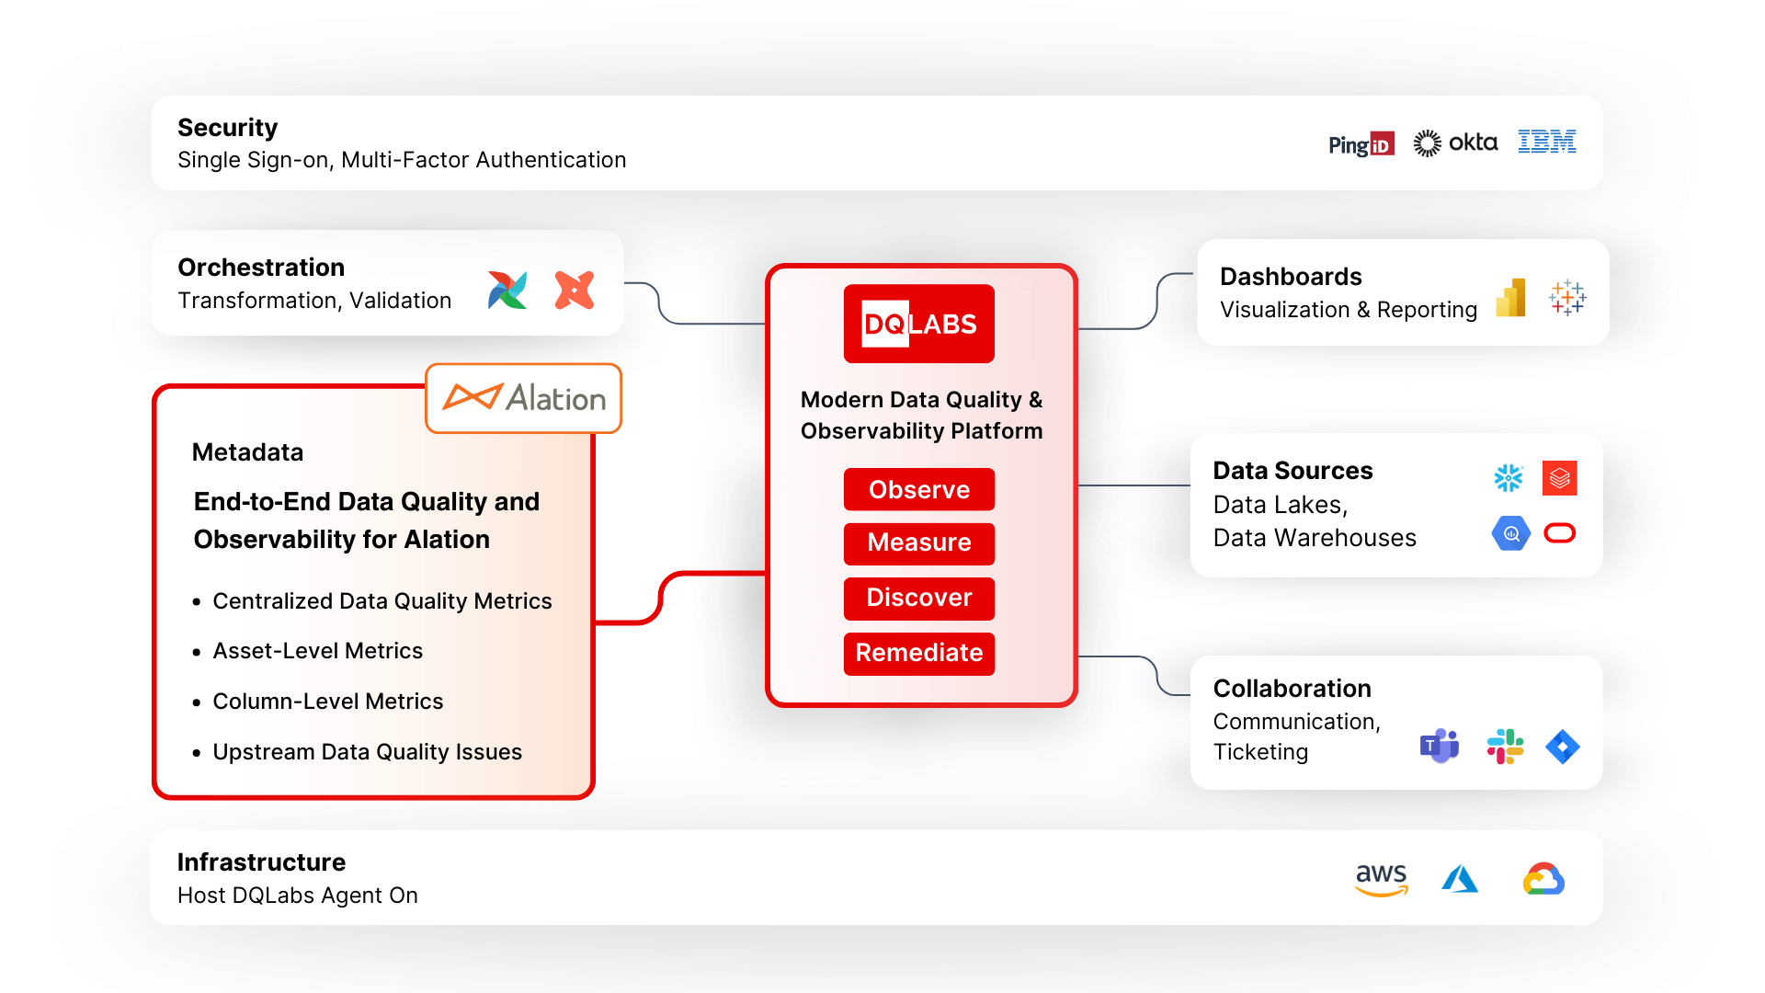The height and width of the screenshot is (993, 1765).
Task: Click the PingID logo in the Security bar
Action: (1361, 144)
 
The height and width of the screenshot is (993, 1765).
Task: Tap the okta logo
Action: (1455, 143)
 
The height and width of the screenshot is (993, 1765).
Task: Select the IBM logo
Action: (1546, 142)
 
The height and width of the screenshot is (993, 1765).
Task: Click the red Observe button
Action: (918, 489)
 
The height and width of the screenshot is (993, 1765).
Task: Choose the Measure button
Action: (918, 542)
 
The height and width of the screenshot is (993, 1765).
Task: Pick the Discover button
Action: (918, 598)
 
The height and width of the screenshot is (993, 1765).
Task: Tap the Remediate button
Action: (918, 653)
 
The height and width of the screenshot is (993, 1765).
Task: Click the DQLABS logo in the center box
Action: (918, 324)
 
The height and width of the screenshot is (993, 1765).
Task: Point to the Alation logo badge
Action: (523, 398)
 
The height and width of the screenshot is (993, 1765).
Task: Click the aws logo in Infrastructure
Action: (1381, 878)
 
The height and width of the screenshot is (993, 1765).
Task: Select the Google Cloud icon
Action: (1543, 879)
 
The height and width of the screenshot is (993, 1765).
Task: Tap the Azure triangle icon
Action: (1460, 879)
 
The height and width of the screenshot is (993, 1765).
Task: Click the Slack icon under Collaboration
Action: (1505, 746)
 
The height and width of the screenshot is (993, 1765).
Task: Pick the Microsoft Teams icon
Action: (1439, 746)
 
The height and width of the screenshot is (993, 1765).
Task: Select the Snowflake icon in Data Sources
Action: (1508, 478)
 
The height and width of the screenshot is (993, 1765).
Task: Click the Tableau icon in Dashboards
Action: (1566, 298)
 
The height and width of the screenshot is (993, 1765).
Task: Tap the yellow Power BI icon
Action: (1511, 298)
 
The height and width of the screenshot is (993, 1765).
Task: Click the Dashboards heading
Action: (1290, 277)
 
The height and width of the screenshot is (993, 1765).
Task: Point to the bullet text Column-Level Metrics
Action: (327, 702)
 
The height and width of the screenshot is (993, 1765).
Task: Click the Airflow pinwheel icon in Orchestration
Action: (507, 291)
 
